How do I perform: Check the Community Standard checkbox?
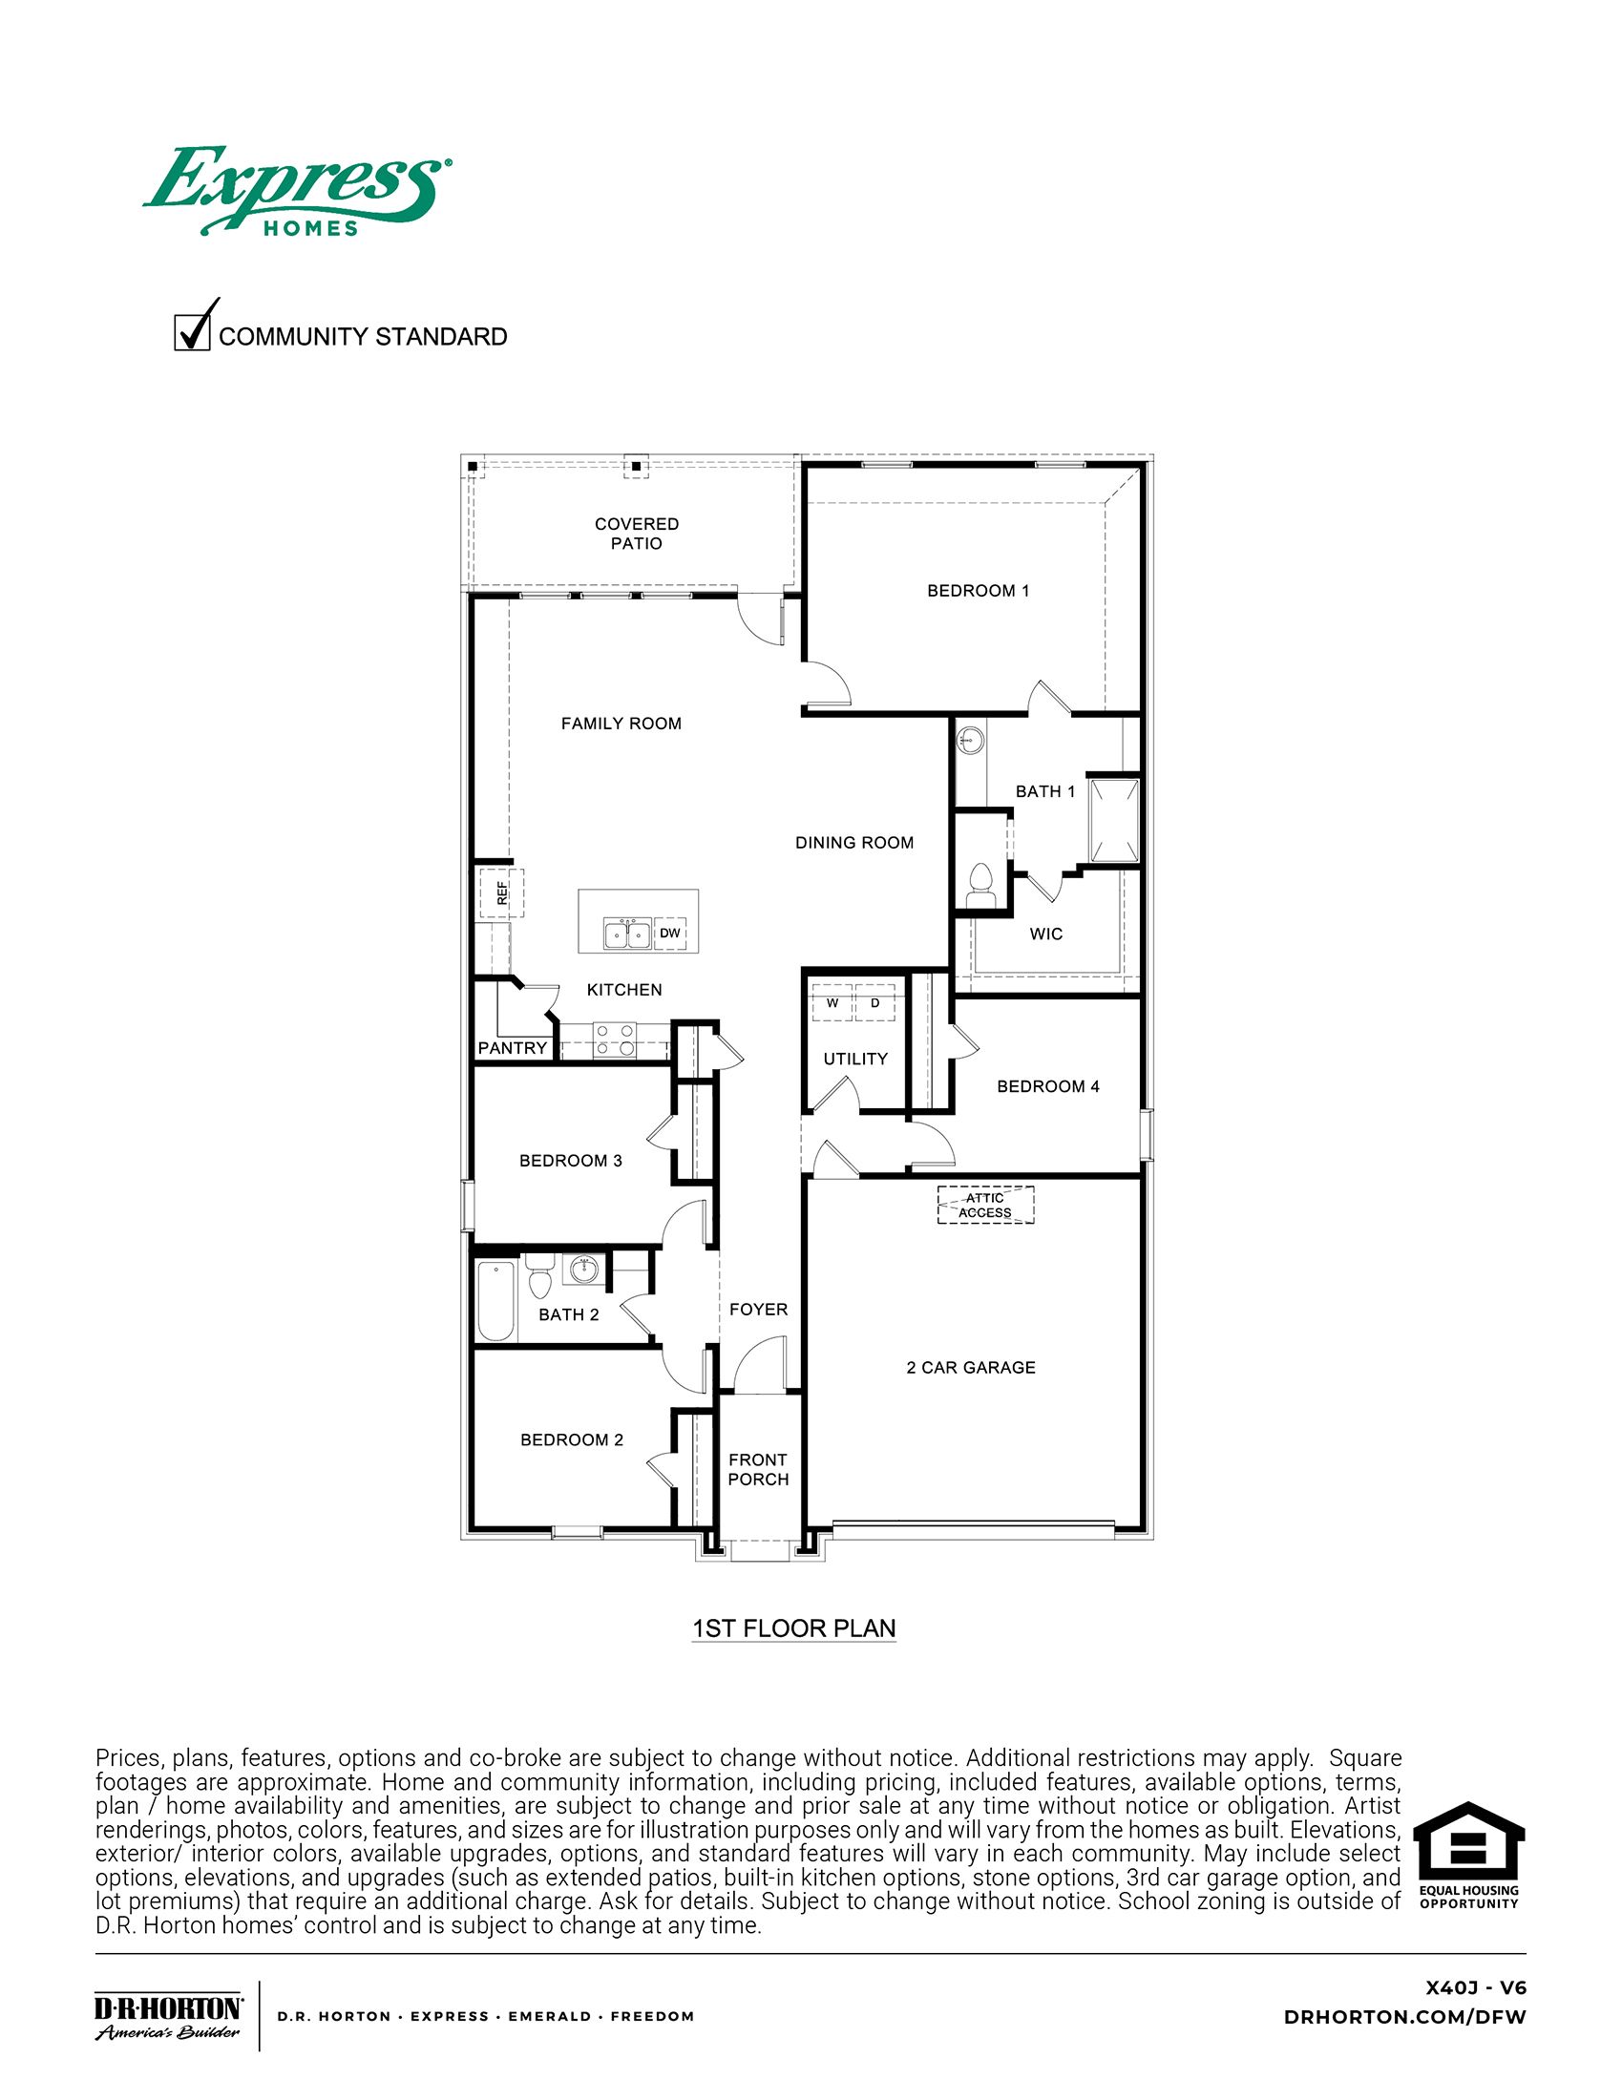192,332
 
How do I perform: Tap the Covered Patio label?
637,534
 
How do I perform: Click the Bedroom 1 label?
978,590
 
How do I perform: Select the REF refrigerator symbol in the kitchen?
501,893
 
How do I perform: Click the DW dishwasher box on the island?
670,933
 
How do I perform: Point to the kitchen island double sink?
626,933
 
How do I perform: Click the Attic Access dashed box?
985,1205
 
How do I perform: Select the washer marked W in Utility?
832,1003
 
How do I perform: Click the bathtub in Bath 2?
497,1302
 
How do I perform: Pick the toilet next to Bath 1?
980,879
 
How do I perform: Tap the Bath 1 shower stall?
1113,820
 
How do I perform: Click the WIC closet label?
1046,934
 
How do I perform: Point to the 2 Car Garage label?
970,1367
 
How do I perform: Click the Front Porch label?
758,1469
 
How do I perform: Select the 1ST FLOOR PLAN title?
794,1627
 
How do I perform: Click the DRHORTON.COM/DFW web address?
1403,2017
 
